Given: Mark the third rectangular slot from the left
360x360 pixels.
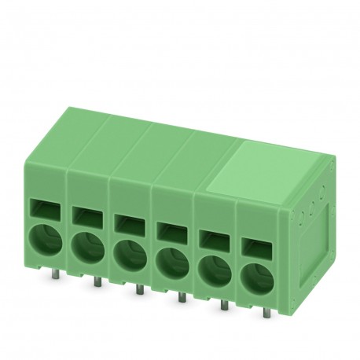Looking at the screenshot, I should (127, 221).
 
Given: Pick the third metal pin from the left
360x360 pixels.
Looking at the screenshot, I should (138, 291).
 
